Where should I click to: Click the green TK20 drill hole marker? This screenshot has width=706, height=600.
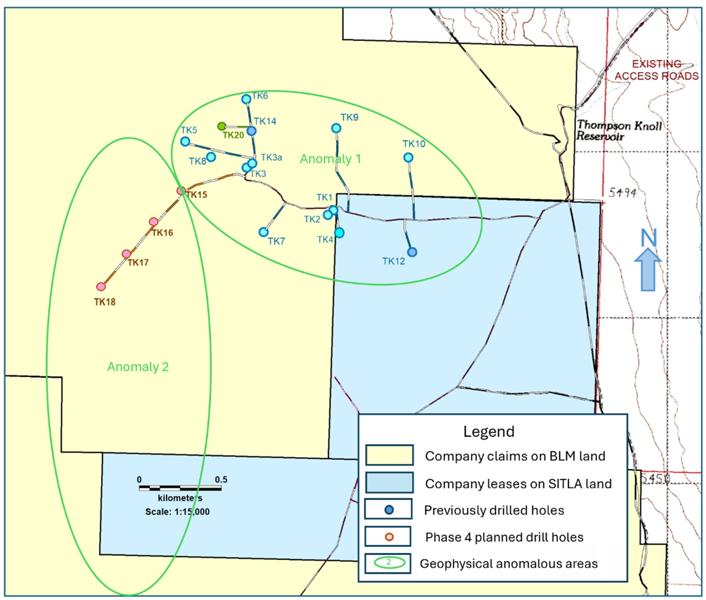(x=221, y=126)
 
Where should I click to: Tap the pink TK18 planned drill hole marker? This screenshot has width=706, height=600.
(x=101, y=287)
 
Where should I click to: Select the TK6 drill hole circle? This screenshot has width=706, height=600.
(x=246, y=99)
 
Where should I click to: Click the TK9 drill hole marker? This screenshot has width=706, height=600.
(x=336, y=129)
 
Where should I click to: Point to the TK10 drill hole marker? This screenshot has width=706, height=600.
(x=408, y=158)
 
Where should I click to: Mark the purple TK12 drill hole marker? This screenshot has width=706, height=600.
(x=412, y=252)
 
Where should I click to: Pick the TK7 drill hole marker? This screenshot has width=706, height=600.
(x=263, y=232)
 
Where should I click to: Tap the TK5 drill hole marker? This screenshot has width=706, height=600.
(x=185, y=142)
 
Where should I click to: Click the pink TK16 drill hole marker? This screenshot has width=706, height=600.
(x=154, y=222)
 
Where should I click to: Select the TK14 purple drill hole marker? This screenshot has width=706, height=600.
(x=252, y=131)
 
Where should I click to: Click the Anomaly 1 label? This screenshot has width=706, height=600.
(x=330, y=159)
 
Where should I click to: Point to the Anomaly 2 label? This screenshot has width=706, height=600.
(x=138, y=367)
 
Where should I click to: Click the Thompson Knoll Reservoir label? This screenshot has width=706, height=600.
(x=618, y=130)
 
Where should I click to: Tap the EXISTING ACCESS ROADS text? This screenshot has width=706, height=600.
(x=656, y=70)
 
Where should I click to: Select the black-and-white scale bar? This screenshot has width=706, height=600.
(x=180, y=488)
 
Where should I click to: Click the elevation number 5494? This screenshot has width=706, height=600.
(x=622, y=193)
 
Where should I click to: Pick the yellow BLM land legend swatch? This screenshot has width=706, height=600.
(x=389, y=455)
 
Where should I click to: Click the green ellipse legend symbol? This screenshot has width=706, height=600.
(x=389, y=562)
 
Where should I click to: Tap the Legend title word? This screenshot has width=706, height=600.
(x=489, y=431)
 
